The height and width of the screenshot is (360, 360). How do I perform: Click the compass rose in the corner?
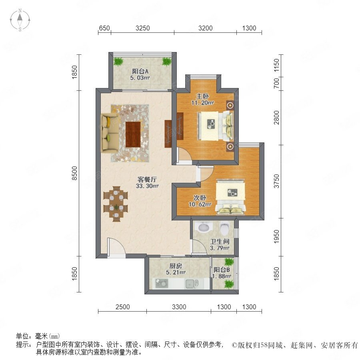point(20,20)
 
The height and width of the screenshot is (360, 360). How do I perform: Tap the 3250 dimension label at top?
point(142,28)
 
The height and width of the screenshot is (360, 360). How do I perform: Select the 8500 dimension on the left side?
point(75,173)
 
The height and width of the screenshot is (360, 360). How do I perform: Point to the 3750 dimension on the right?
point(277,181)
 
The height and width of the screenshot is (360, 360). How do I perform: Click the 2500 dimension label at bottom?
point(123,307)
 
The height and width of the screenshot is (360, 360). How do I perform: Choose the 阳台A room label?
point(140,72)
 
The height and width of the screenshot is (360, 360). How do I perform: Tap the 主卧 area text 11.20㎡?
point(202,103)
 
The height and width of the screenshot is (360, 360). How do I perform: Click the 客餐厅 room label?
point(147,179)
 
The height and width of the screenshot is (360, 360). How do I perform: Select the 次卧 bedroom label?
point(200,198)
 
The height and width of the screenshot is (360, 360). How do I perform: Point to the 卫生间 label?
point(220,242)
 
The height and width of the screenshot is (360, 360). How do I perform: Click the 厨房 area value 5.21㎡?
point(176,272)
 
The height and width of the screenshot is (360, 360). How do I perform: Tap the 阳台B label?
point(222,270)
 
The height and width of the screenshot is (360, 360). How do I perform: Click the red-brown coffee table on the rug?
point(133,134)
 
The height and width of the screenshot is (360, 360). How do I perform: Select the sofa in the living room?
point(110,133)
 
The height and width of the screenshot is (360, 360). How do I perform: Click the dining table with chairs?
point(116,204)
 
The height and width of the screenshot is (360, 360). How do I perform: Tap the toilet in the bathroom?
point(225,227)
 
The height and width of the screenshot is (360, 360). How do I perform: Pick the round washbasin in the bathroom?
point(204,227)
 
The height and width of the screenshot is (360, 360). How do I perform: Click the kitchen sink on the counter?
point(190,284)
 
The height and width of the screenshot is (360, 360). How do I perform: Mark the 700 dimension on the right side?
point(277,83)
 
